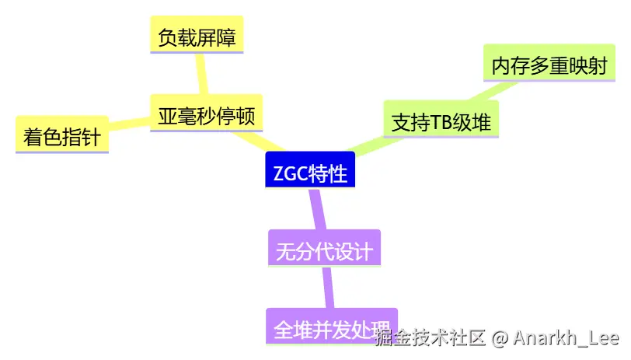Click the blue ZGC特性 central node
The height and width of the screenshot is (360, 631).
310,173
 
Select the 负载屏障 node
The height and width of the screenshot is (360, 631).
197,37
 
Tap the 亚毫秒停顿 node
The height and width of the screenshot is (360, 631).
206,116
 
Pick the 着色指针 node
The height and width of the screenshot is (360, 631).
62,138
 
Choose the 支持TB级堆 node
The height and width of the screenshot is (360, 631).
441,122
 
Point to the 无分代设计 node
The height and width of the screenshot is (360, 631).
324,252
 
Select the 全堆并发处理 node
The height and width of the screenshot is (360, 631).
331,327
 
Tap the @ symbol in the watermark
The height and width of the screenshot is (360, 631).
500,338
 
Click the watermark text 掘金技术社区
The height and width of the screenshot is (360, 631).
431,338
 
